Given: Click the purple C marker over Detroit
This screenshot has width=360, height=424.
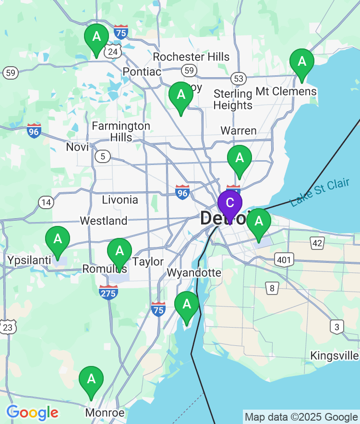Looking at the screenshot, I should (x=230, y=203).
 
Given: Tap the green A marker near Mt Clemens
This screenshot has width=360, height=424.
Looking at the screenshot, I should (x=302, y=62).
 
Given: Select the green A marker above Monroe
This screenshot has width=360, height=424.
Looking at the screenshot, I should (x=91, y=379).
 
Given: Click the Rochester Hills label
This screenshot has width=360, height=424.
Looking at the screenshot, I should (x=191, y=57).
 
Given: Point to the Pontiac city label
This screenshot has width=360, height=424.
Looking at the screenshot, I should (x=142, y=71).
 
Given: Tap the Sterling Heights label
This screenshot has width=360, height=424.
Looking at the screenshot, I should (x=233, y=99).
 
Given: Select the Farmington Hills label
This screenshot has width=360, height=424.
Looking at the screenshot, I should (x=121, y=131).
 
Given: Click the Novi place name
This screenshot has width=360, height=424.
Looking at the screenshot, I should (x=77, y=147).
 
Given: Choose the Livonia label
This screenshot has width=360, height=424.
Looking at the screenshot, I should (x=120, y=200).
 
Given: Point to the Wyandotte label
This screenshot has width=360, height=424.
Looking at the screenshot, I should (x=194, y=273).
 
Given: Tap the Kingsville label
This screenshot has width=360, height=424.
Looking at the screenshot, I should (x=335, y=356).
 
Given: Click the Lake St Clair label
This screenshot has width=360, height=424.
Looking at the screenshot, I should (x=320, y=193).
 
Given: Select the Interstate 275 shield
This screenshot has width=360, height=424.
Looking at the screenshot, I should (x=109, y=292).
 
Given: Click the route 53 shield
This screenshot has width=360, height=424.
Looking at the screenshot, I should (x=238, y=78).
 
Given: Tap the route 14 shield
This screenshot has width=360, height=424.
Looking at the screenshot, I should (x=46, y=202).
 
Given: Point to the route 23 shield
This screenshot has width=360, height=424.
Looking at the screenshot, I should (x=8, y=328).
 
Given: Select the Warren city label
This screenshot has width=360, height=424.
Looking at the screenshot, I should (x=239, y=130).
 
